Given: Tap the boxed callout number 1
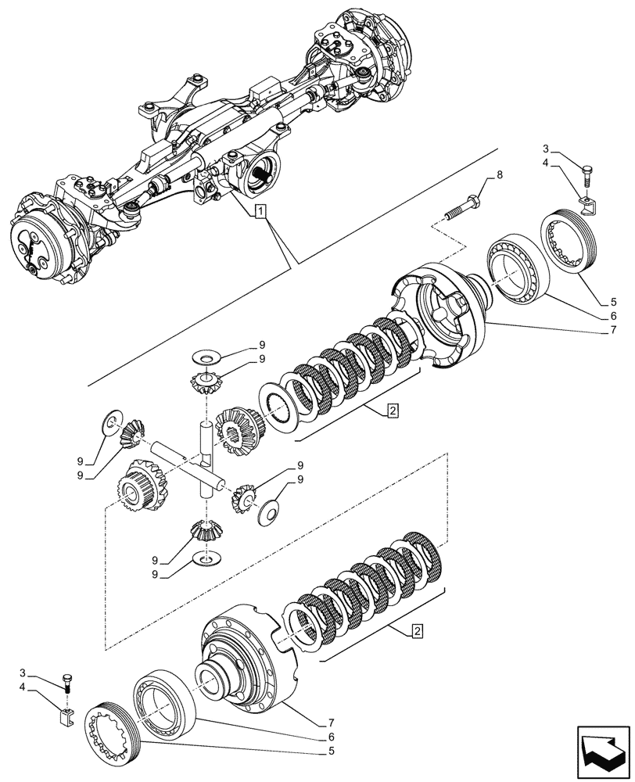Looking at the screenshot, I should pyautogui.click(x=260, y=210).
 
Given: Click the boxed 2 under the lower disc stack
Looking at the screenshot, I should pyautogui.click(x=419, y=630).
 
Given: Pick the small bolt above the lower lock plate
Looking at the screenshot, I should pyautogui.click(x=68, y=681).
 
